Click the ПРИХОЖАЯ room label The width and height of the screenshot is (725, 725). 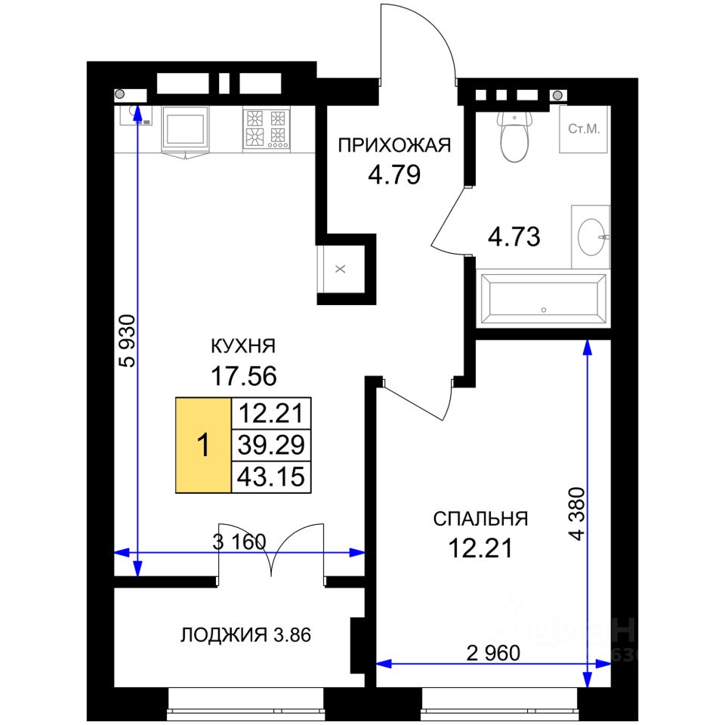(394, 145)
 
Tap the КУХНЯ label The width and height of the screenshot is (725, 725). (243, 346)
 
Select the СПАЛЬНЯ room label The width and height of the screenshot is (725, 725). (480, 519)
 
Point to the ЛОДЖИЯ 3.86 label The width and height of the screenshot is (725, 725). (245, 635)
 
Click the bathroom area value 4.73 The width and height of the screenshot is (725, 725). (514, 236)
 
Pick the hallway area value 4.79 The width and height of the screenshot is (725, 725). (394, 174)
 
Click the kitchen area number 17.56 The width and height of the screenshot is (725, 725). (244, 375)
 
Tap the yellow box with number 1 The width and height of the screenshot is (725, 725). (203, 445)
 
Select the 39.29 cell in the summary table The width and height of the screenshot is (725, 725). (271, 445)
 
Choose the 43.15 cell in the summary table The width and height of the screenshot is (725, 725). (271, 477)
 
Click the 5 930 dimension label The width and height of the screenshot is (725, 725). (128, 341)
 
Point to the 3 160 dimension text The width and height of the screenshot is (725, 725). (239, 541)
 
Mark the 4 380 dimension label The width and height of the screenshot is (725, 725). (578, 514)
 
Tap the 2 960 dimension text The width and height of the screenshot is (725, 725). (493, 652)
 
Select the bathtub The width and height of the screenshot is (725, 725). (543, 299)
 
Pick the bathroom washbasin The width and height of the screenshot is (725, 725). (591, 236)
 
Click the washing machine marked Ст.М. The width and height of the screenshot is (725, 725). (584, 129)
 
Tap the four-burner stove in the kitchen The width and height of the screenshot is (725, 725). (267, 129)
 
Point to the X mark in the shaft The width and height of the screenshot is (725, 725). (341, 269)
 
